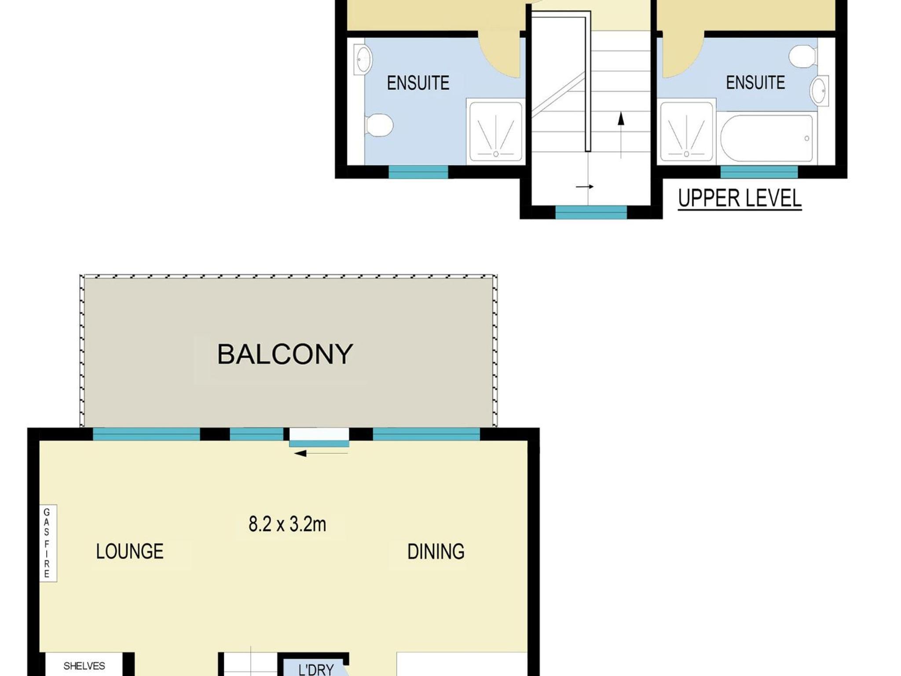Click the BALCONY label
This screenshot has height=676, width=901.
coord(285,354)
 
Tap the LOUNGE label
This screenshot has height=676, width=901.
coord(130,551)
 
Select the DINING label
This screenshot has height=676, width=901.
coord(436,551)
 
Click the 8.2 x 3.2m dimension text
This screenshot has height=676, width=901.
coord(287,524)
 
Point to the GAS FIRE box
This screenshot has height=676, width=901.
coord(48,543)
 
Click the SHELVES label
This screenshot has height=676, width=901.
coord(84,666)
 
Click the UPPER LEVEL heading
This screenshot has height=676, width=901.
coord(740,198)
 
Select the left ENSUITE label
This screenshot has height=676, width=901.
coord(418,83)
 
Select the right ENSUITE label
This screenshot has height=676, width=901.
coord(755,82)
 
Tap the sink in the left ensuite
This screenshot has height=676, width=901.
coord(363,59)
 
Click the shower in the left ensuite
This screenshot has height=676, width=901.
coord(496,132)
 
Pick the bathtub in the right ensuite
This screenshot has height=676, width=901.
coord(766,138)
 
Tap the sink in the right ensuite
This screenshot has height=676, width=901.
coord(819,91)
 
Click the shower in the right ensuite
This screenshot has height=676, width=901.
coord(686,132)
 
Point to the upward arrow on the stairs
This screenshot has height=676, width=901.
coord(621,135)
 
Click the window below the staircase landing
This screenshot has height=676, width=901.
coord(591,212)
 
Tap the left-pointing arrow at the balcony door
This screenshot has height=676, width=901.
coord(321,453)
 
